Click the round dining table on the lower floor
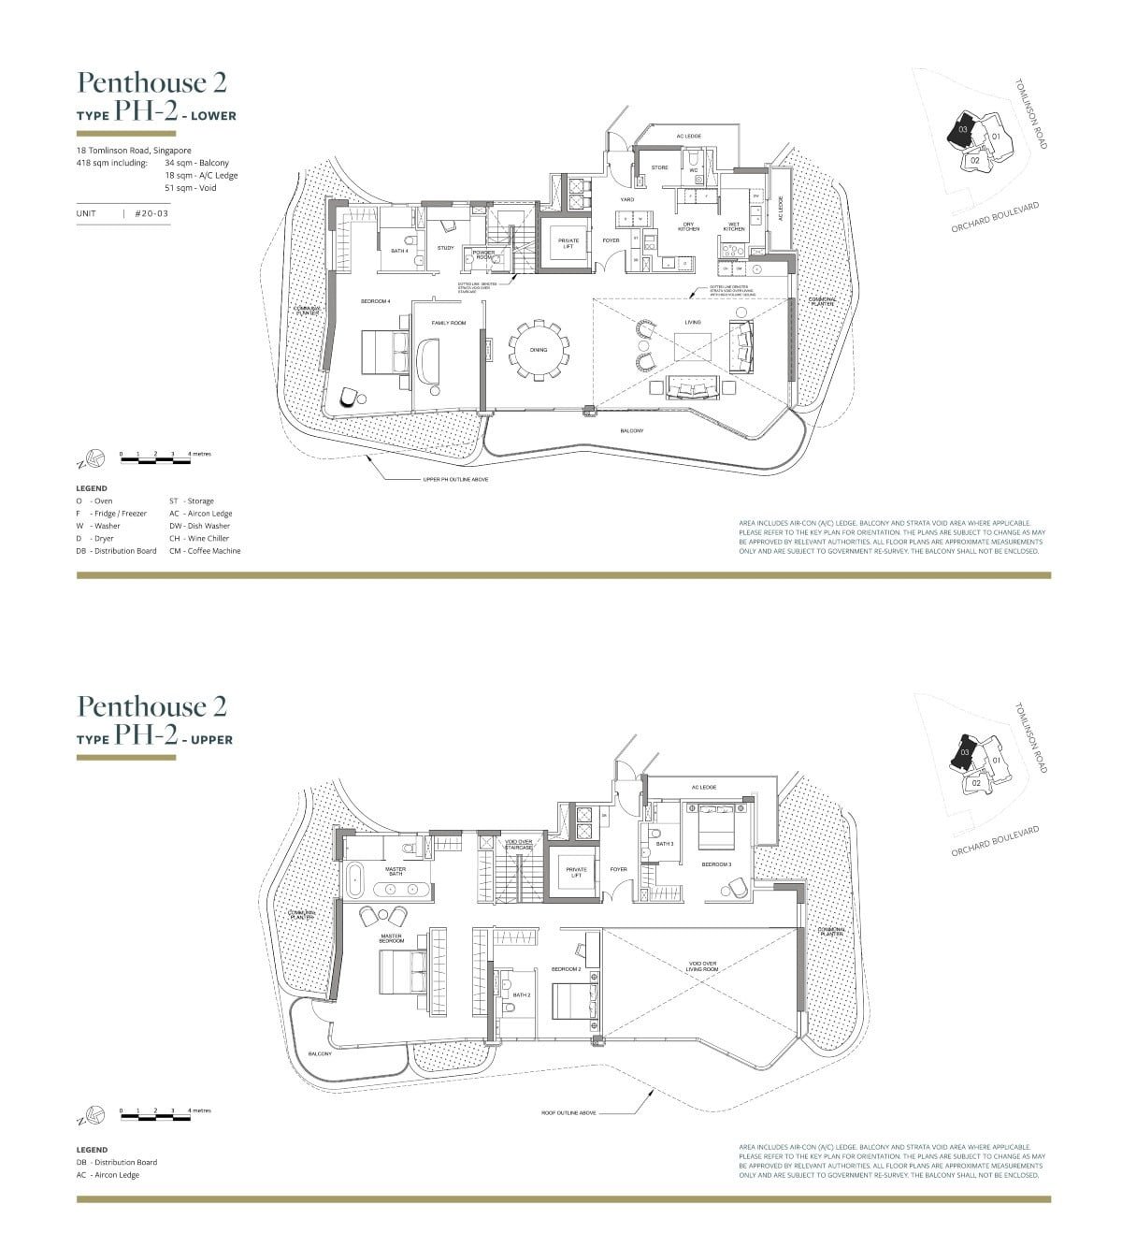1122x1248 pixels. (539, 351)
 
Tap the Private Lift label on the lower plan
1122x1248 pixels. (568, 243)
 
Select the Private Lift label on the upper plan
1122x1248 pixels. (576, 873)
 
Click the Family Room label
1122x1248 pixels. (448, 323)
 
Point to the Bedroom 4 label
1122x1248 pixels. (375, 301)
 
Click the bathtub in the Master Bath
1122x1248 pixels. (355, 880)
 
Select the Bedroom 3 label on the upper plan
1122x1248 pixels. (717, 864)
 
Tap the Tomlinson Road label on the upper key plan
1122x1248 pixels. (1030, 738)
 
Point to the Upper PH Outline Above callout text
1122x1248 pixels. (455, 479)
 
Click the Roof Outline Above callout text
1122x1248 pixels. (568, 1113)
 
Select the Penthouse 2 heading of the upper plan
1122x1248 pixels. (152, 705)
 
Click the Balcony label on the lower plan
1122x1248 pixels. (632, 430)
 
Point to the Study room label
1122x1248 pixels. (445, 248)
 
